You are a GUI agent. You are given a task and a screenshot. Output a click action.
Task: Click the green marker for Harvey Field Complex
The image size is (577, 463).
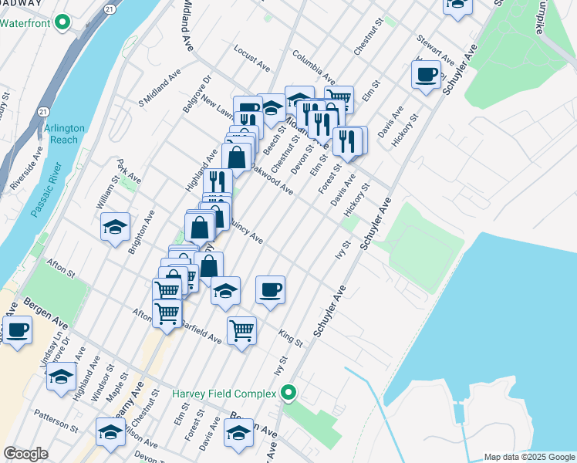point(289,394)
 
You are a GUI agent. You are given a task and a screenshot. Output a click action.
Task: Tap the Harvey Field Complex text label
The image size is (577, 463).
point(224,394)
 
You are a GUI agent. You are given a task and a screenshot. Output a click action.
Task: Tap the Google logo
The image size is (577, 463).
point(25,454)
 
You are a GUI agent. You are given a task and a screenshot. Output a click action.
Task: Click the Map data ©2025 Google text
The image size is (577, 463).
point(528,457)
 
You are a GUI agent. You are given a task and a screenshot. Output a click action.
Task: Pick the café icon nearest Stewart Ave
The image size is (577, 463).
point(426,75)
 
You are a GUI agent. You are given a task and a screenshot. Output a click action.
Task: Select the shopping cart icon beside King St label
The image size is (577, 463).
point(242,330)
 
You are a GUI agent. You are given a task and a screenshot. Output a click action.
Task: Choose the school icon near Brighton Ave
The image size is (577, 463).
point(115,226)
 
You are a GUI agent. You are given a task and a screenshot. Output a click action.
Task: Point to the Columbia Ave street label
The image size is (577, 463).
point(313,67)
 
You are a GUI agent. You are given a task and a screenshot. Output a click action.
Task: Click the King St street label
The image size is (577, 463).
point(291,336)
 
